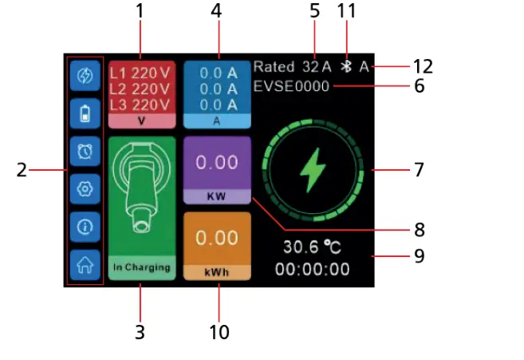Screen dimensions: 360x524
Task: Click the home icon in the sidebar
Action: point(84,264)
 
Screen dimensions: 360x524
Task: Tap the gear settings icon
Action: point(84,188)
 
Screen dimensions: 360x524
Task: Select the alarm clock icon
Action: point(84,151)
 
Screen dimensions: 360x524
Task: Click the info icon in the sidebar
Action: point(84,227)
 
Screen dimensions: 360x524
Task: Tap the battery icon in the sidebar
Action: point(84,113)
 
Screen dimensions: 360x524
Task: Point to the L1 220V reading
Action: point(140,73)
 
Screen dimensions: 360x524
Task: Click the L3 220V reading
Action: point(140,104)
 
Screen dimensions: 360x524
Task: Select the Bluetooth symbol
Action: point(346,66)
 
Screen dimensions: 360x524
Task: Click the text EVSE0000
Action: point(291,85)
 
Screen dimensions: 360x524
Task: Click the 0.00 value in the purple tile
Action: point(218,162)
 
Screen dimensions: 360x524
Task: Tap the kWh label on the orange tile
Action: point(218,272)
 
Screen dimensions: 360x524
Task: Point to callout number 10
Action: point(218,330)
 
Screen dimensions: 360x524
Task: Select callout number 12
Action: point(423,66)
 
